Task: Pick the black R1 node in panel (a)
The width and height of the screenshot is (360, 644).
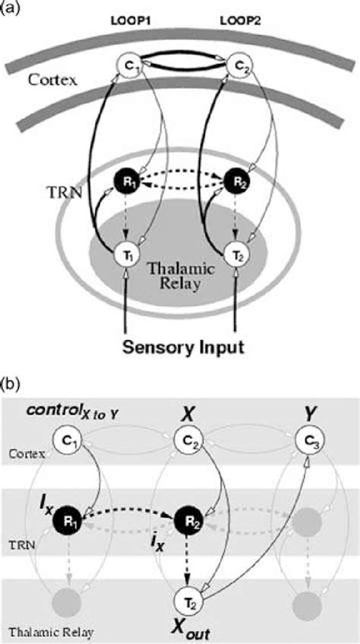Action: (123, 182)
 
